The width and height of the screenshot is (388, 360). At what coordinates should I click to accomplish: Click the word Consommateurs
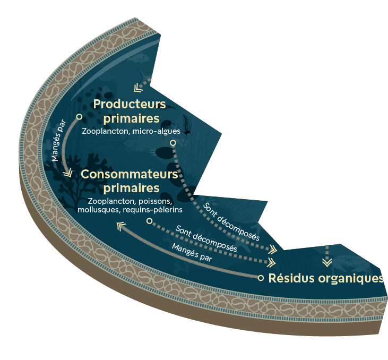129,175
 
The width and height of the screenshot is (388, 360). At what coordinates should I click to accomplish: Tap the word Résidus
292,278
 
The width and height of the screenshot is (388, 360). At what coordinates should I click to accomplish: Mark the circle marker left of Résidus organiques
261,278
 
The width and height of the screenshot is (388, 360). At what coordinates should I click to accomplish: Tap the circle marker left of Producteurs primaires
79,116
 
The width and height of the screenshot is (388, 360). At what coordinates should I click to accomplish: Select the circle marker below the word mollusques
149,220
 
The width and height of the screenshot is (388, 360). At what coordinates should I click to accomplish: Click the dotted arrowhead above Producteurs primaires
138,88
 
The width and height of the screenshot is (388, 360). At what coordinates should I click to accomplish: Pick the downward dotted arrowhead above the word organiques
327,261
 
